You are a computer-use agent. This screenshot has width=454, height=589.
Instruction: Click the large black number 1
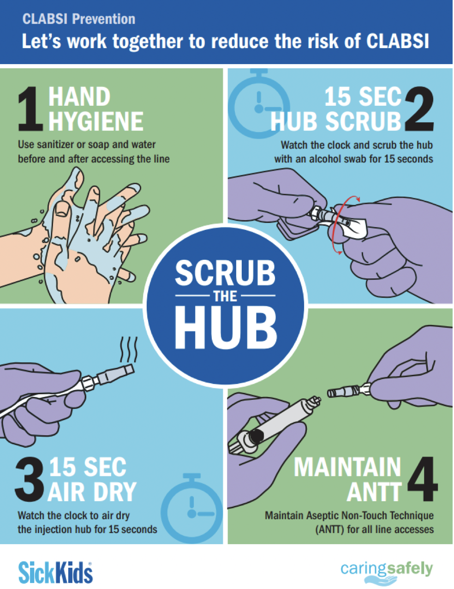pyautogui.click(x=30, y=109)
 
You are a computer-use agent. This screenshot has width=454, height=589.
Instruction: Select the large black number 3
pyautogui.click(x=30, y=480)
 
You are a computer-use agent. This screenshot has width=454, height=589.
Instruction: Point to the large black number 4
pyautogui.click(x=421, y=480)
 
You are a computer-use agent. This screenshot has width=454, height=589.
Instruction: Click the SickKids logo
pyautogui.click(x=55, y=572)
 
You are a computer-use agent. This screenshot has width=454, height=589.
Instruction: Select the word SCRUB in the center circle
pyautogui.click(x=225, y=273)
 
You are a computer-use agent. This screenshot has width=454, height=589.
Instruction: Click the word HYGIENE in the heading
pyautogui.click(x=96, y=121)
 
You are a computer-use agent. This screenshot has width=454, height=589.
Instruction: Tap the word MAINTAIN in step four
pyautogui.click(x=347, y=467)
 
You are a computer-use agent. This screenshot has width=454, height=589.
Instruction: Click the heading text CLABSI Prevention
pyautogui.click(x=79, y=19)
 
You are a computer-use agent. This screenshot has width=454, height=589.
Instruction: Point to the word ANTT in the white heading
pyautogui.click(x=374, y=492)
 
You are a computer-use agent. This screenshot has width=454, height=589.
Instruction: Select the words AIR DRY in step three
pyautogui.click(x=92, y=492)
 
